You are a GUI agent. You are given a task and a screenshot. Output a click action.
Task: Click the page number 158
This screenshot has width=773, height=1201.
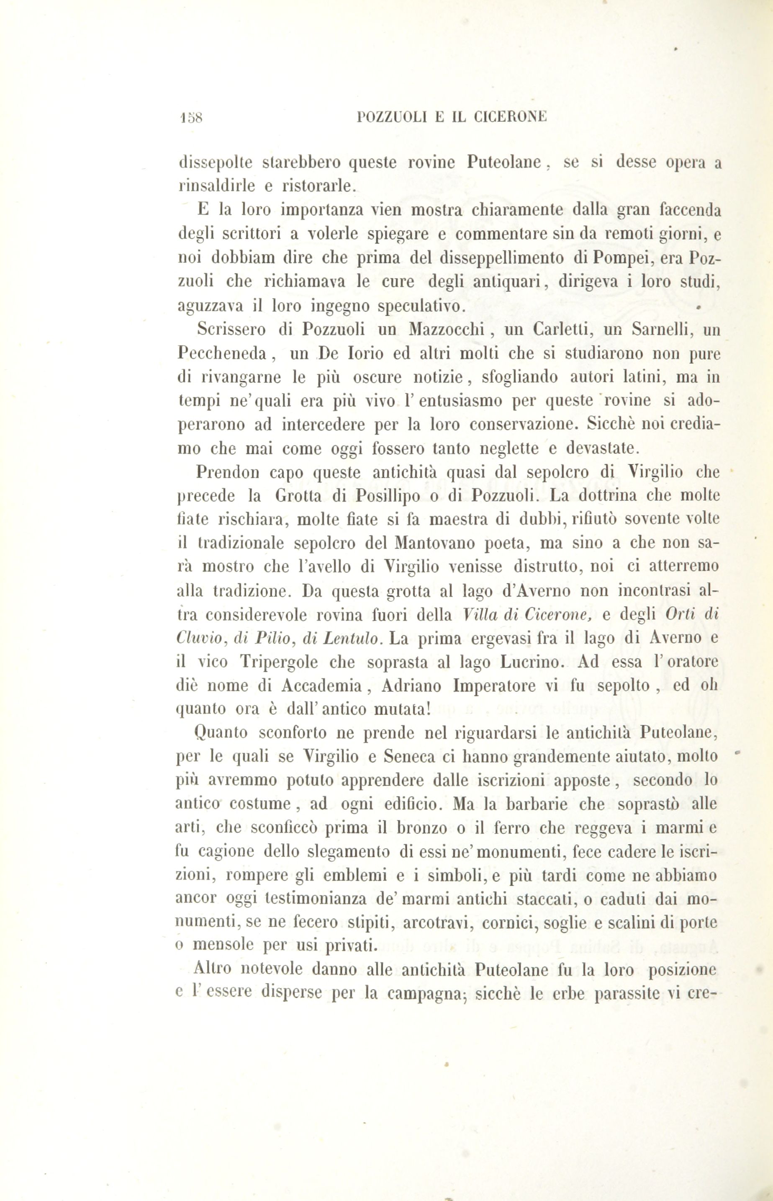(x=190, y=118)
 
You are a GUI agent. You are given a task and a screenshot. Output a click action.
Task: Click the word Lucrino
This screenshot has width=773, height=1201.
(x=530, y=662)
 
